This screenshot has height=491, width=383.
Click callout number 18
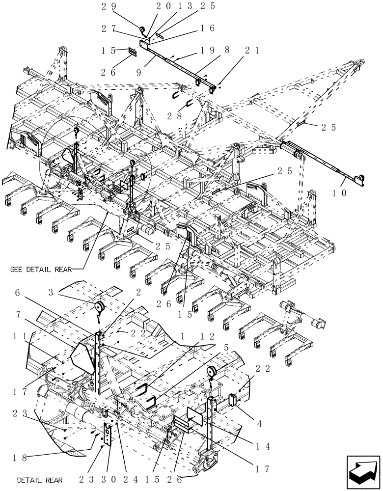20,457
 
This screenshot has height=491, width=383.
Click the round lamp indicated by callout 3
100,307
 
